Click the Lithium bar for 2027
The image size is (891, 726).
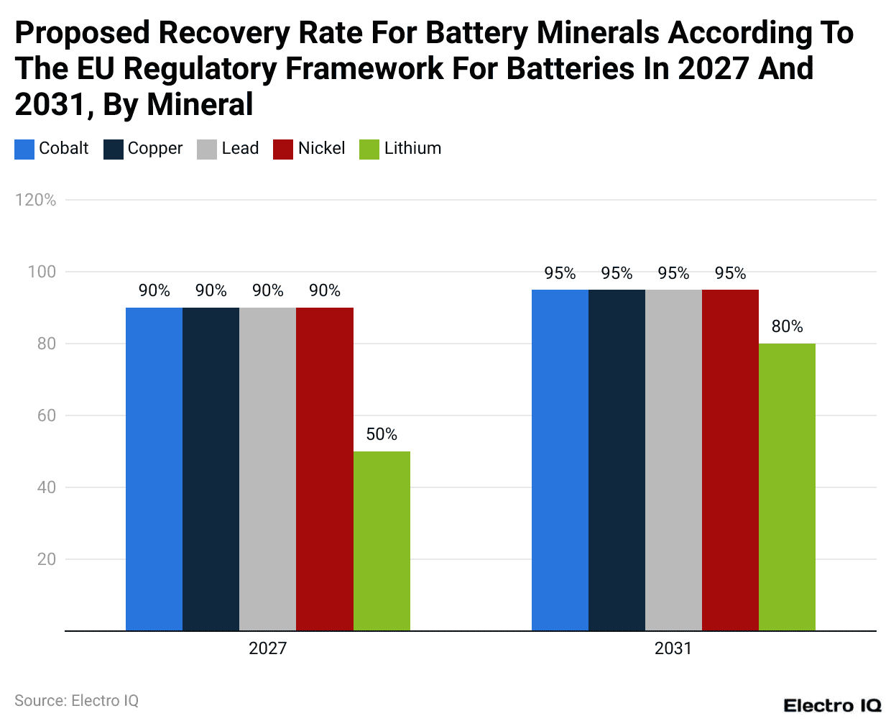382,541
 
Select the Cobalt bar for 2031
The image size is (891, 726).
560,460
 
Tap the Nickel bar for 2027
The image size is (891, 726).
325,469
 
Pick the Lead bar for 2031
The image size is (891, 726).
673,460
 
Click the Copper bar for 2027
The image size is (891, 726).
211,469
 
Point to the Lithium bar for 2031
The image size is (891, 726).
787,487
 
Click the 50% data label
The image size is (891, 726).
382,434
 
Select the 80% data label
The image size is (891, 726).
787,326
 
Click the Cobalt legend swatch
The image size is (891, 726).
24,149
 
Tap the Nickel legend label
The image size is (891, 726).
321,148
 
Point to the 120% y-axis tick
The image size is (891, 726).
35,200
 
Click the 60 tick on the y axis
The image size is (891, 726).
47,415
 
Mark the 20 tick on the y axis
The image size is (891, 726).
47,559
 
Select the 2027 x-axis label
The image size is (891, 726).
267,648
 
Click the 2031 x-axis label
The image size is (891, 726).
673,648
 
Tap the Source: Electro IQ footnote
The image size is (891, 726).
76,701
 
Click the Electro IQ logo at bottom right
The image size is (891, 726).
832,706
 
